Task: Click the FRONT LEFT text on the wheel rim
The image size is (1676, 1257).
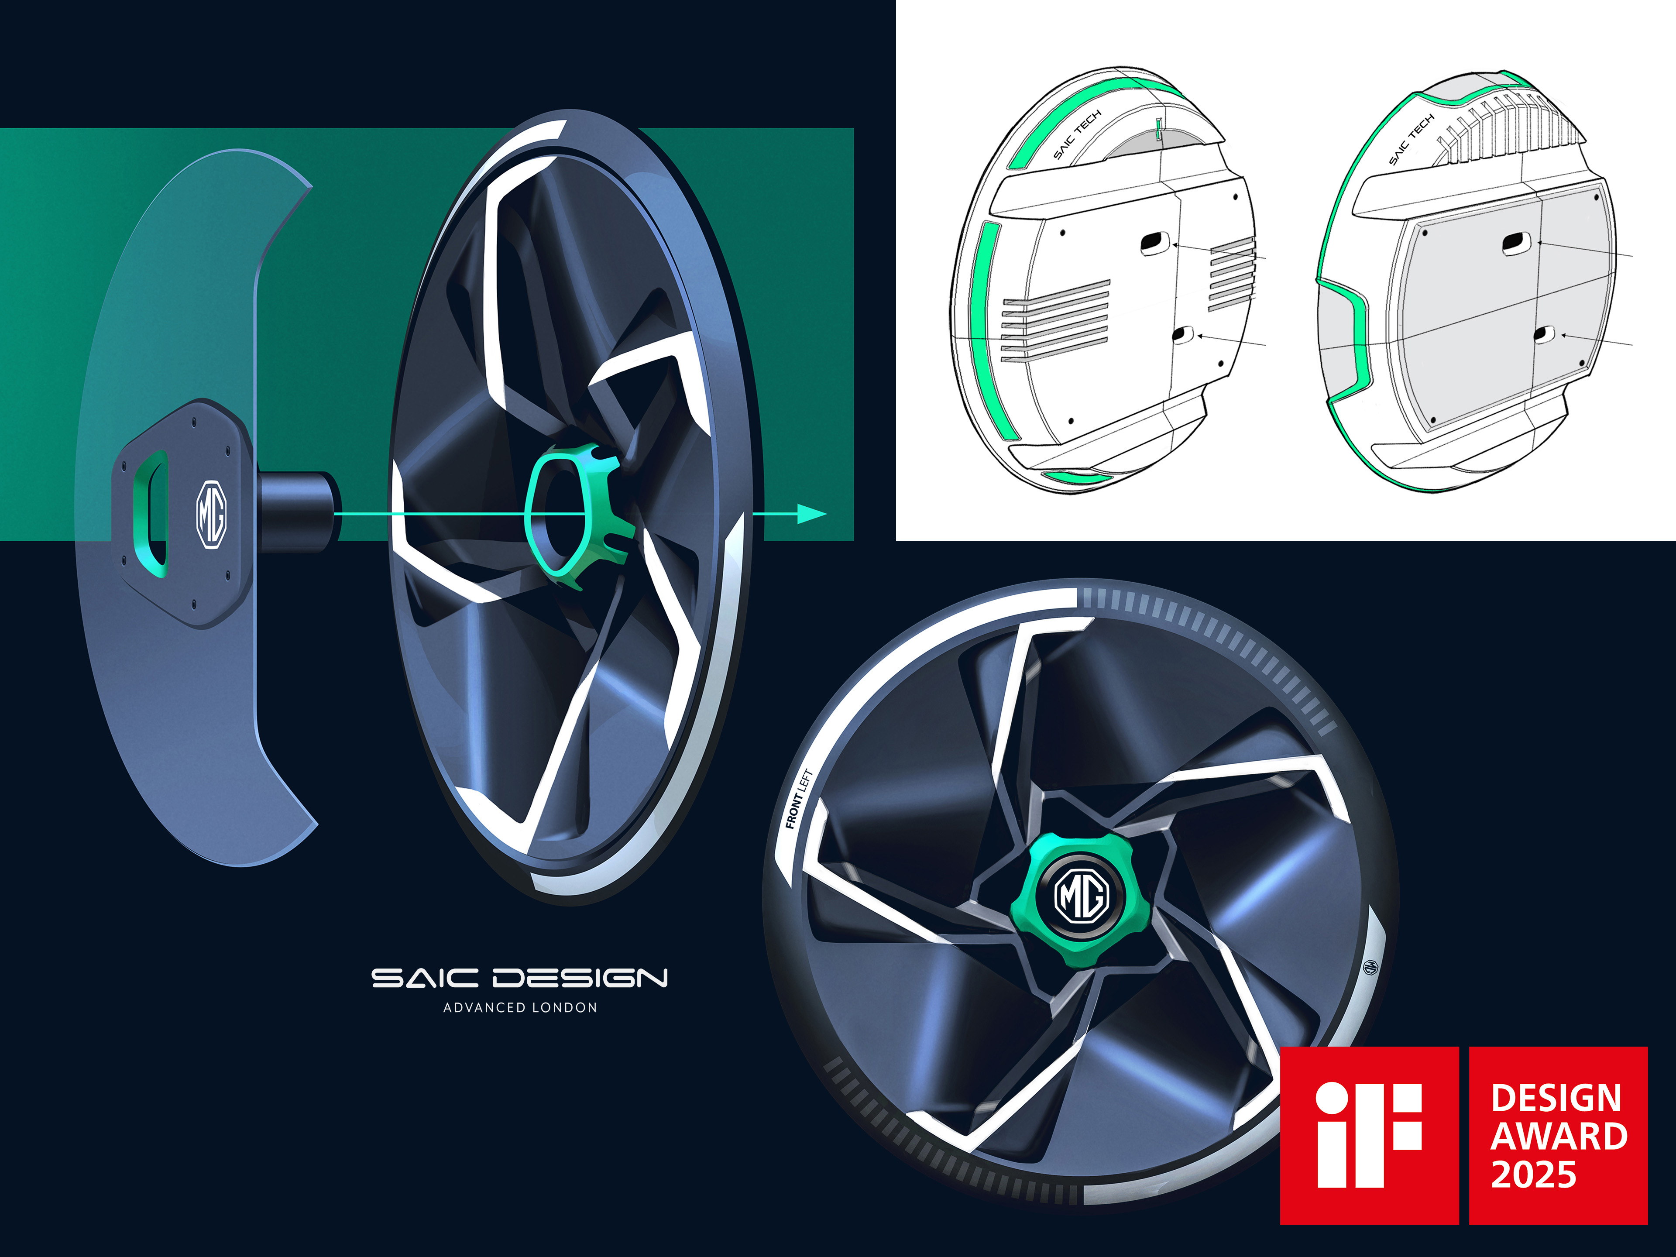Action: [x=799, y=799]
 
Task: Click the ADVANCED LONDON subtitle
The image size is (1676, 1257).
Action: [x=520, y=1008]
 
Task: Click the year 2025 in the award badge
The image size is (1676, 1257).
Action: [x=1534, y=1175]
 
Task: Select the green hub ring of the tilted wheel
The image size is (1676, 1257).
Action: [x=577, y=515]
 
